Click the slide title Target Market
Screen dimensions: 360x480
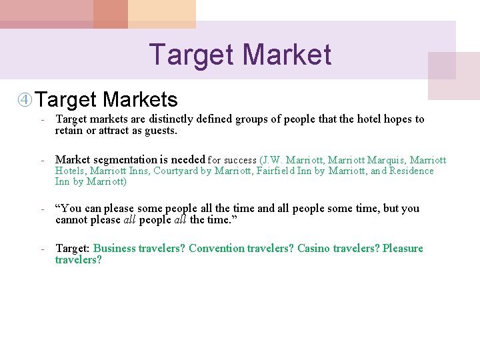click(240, 54)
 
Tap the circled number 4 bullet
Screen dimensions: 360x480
click(25, 101)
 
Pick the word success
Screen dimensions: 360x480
click(240, 161)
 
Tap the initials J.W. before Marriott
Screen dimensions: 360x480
click(274, 160)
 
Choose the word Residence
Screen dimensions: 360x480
click(411, 171)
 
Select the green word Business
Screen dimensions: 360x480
click(114, 249)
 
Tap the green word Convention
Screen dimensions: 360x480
click(217, 249)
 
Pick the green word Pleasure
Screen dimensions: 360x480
click(402, 249)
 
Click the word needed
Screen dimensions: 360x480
click(188, 160)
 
